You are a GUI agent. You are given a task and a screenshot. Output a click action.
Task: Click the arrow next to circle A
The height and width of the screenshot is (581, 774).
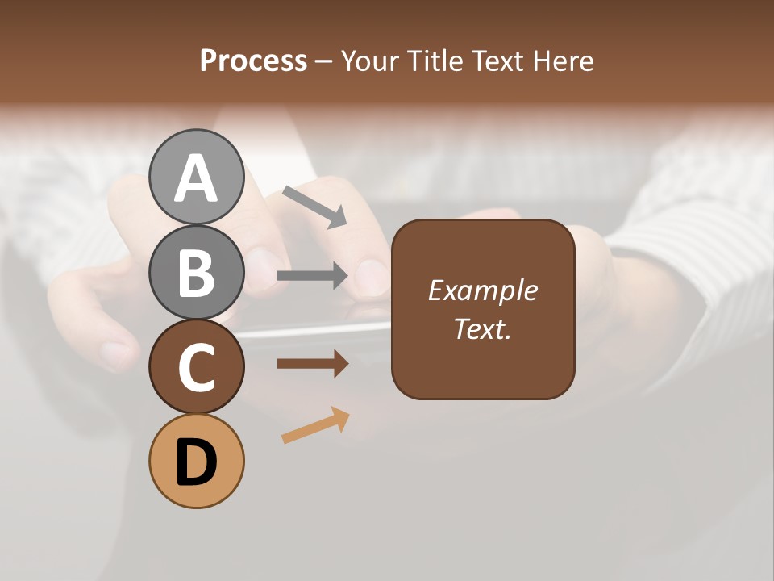pyautogui.click(x=314, y=206)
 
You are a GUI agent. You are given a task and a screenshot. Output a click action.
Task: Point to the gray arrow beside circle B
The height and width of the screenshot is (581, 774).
pyautogui.click(x=312, y=276)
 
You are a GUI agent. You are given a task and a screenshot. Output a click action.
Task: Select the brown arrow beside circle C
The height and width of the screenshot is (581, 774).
pyautogui.click(x=312, y=364)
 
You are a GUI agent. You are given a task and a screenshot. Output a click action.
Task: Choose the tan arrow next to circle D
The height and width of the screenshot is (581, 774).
pyautogui.click(x=315, y=425)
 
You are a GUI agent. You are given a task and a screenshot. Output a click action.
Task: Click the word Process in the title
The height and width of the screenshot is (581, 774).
pyautogui.click(x=253, y=61)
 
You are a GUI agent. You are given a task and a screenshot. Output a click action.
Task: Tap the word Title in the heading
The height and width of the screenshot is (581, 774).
pyautogui.click(x=436, y=61)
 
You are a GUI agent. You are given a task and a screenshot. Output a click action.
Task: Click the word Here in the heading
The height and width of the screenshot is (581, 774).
pyautogui.click(x=564, y=61)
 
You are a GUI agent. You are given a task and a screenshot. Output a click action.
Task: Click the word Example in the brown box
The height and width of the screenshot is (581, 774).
pyautogui.click(x=482, y=290)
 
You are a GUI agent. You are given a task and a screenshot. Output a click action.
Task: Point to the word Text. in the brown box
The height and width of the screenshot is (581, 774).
pyautogui.click(x=482, y=328)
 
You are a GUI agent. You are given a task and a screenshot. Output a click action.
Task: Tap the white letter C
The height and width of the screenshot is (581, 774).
pyautogui.click(x=197, y=368)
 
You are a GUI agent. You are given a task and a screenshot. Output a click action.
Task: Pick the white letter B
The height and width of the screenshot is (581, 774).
pyautogui.click(x=197, y=273)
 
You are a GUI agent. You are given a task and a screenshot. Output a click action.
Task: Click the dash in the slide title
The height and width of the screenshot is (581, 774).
pyautogui.click(x=324, y=61)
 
